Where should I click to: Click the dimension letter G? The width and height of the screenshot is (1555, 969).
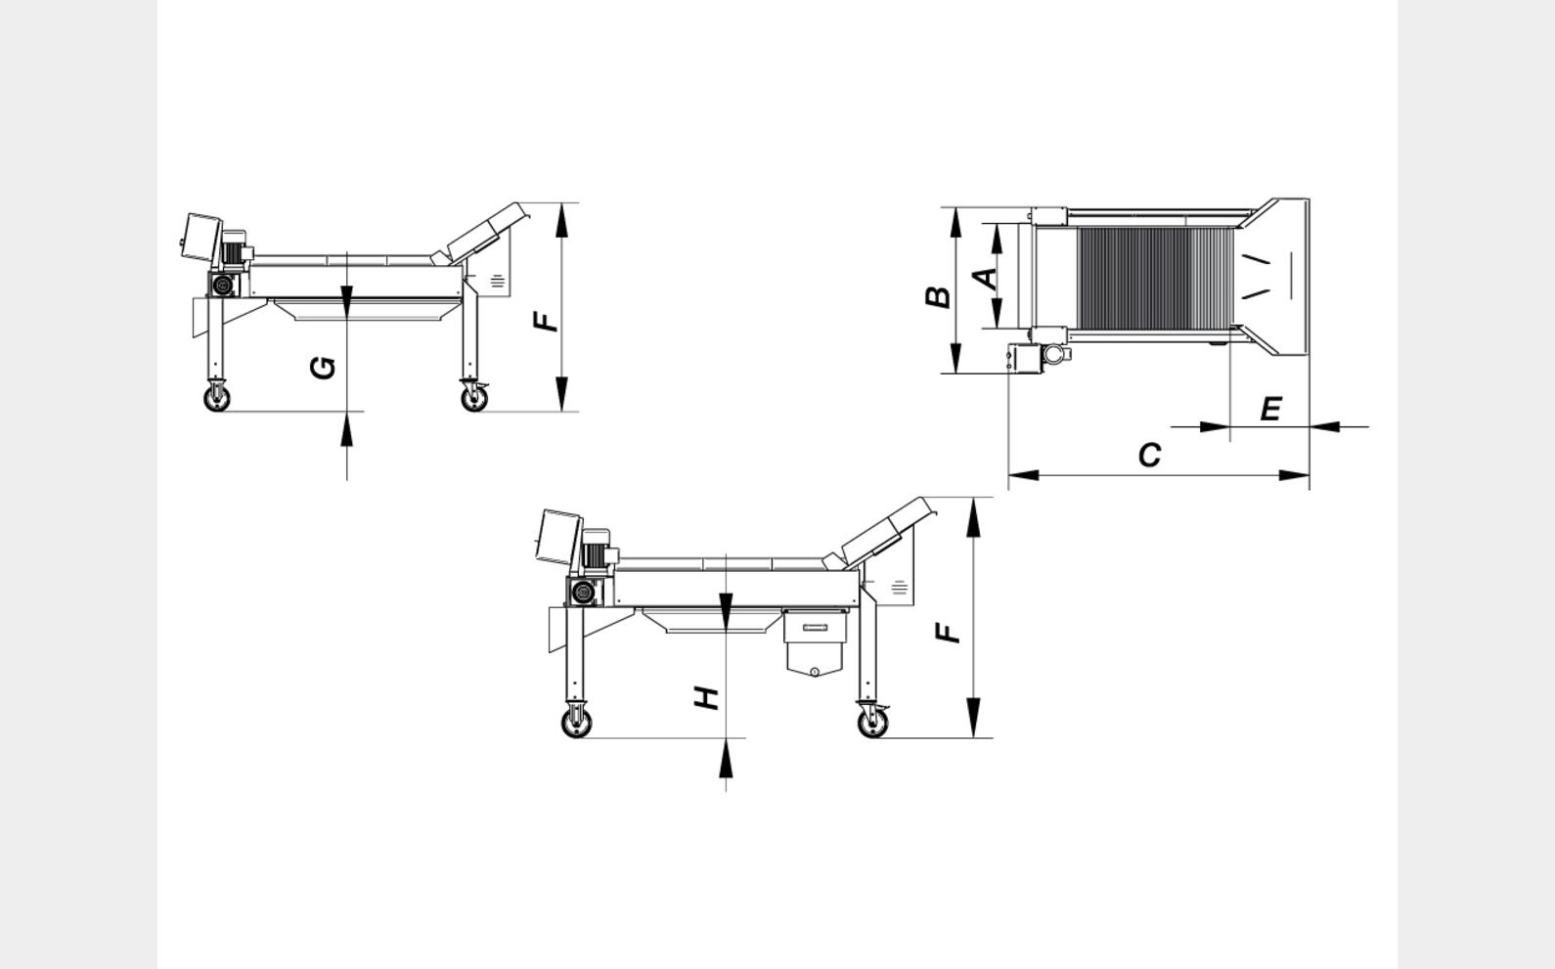click(x=323, y=368)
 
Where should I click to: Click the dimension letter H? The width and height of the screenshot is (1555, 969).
click(x=707, y=698)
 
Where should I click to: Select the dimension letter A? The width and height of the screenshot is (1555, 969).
click(x=986, y=279)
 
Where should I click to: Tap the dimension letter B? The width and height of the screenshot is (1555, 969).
click(x=938, y=296)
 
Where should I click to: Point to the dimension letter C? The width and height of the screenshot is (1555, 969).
click(x=1150, y=456)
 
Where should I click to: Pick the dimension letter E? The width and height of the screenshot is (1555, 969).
click(x=1270, y=409)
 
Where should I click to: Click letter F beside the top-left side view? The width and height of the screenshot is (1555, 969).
click(x=545, y=322)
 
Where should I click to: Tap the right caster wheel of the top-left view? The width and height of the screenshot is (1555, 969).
click(x=474, y=398)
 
